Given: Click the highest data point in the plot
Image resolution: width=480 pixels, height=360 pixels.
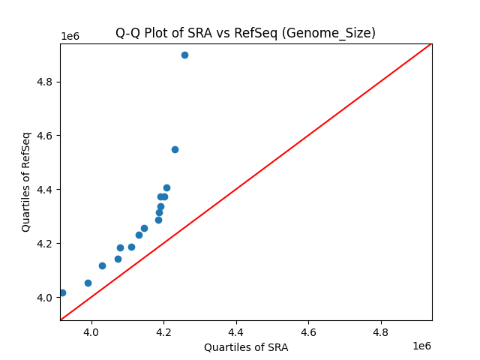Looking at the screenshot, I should [184, 55].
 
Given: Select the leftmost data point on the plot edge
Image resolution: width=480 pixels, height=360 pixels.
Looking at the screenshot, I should [62, 292].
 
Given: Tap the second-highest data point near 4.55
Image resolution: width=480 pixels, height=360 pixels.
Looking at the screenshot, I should [175, 149].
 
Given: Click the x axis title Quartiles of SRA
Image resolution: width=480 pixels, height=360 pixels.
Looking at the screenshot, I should [246, 347].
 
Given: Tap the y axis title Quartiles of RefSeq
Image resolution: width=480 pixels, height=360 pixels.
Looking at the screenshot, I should [26, 181].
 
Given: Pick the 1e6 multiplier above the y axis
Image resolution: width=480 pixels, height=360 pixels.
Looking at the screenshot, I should [71, 37].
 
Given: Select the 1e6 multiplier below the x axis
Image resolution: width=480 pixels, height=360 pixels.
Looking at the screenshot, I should [421, 346].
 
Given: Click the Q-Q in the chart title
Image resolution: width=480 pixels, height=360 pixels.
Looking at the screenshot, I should [127, 33].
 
